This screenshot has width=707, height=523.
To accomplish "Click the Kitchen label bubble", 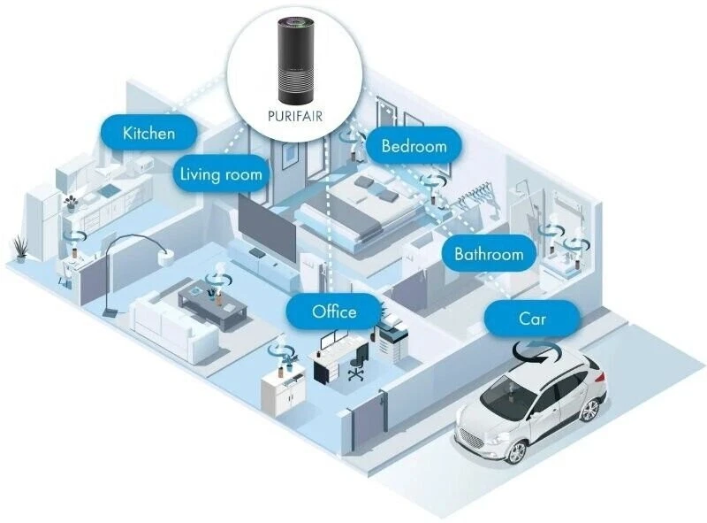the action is point(148,133).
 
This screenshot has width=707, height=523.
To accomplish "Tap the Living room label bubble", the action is point(221,173).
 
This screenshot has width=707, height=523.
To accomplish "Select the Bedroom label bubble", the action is point(414,145).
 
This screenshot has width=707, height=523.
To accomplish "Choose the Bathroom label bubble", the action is point(489,253).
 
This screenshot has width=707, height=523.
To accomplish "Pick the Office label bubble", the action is point(334,311).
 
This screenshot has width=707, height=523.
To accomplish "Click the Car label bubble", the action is point(532,319).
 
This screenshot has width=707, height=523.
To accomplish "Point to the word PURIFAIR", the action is point(295,116).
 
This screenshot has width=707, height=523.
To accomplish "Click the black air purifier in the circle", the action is point(295,59).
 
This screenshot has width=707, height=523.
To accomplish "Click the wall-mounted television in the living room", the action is point(267,229).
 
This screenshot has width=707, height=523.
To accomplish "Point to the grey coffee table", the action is point(213,304).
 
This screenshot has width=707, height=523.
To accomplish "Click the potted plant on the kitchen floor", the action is point(20,249).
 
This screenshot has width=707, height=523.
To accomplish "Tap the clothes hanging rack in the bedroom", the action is point(478,198).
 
